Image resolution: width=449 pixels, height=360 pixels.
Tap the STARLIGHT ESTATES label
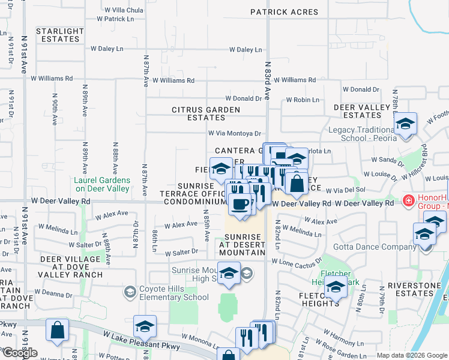[59, 35]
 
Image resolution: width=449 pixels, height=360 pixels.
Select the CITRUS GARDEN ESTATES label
[206, 113]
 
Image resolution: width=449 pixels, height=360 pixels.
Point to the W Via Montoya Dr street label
[235, 134]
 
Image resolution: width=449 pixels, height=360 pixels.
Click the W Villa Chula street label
[124, 10]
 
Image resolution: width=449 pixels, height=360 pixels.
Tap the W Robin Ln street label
[303, 100]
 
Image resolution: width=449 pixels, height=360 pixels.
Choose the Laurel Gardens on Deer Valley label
[101, 184]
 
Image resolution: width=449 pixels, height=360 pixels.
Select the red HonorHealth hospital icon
[409, 200]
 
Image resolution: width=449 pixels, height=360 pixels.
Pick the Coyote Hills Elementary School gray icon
[129, 292]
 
